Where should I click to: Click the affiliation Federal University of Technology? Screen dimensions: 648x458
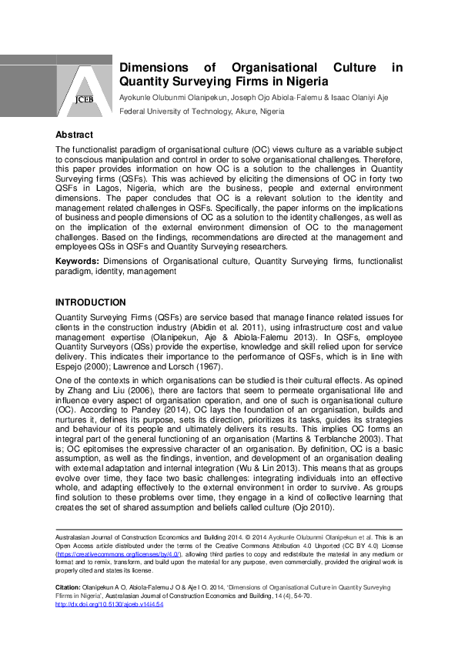click(176, 112)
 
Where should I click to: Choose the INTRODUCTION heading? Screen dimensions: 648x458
click(91, 302)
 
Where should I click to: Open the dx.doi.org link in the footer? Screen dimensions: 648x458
click(109, 605)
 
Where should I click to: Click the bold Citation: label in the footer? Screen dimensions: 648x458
click(70, 586)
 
